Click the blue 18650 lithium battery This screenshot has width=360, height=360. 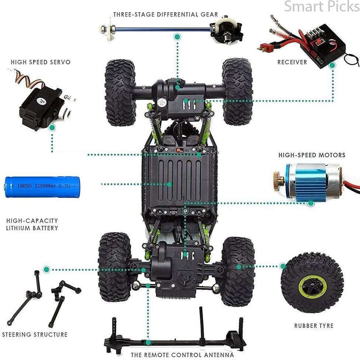(x=42, y=187)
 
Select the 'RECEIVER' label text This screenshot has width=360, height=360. (x=292, y=62)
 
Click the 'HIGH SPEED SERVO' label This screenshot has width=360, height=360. (x=41, y=62)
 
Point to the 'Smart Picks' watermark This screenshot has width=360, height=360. (x=322, y=6)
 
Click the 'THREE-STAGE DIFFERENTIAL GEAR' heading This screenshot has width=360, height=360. (x=166, y=14)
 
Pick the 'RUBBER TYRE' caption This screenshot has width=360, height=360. (x=314, y=326)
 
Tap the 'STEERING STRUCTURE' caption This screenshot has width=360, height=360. (x=35, y=334)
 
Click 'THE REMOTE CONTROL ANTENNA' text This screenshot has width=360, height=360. (x=183, y=355)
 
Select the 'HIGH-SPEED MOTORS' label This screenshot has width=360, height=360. (x=312, y=155)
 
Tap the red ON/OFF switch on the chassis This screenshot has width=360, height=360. (x=180, y=150)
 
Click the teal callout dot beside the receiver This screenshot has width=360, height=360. (x=332, y=66)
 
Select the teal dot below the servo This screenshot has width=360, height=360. (x=52, y=128)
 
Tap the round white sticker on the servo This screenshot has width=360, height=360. (x=42, y=100)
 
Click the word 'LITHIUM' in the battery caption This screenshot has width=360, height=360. (x=18, y=228)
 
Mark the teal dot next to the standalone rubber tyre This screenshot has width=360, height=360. (x=283, y=266)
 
